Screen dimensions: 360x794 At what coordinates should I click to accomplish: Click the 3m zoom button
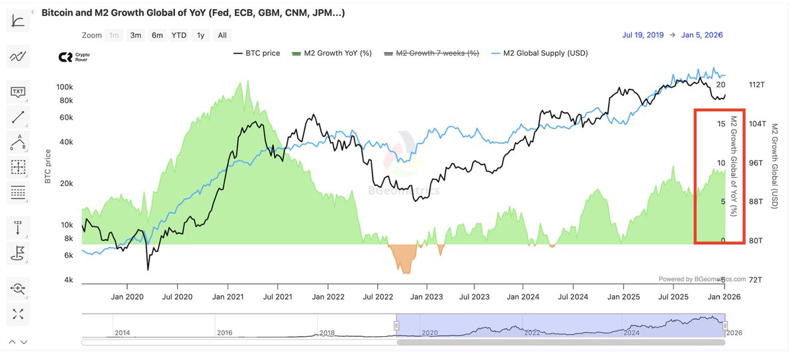click(136, 35)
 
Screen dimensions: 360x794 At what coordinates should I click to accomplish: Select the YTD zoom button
click(179, 35)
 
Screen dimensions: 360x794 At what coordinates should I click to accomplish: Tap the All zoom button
click(222, 35)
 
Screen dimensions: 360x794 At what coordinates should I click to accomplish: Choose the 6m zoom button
click(157, 35)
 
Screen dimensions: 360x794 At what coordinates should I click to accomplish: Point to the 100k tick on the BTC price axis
click(64, 87)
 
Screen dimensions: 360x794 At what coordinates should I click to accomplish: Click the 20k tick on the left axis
click(66, 184)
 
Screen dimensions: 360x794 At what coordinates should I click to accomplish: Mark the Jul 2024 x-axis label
click(572, 297)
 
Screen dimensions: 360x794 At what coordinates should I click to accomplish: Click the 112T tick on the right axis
click(758, 85)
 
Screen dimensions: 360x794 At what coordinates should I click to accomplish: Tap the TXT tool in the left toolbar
click(19, 91)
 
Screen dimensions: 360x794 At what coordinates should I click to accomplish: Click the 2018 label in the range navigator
click(327, 332)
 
